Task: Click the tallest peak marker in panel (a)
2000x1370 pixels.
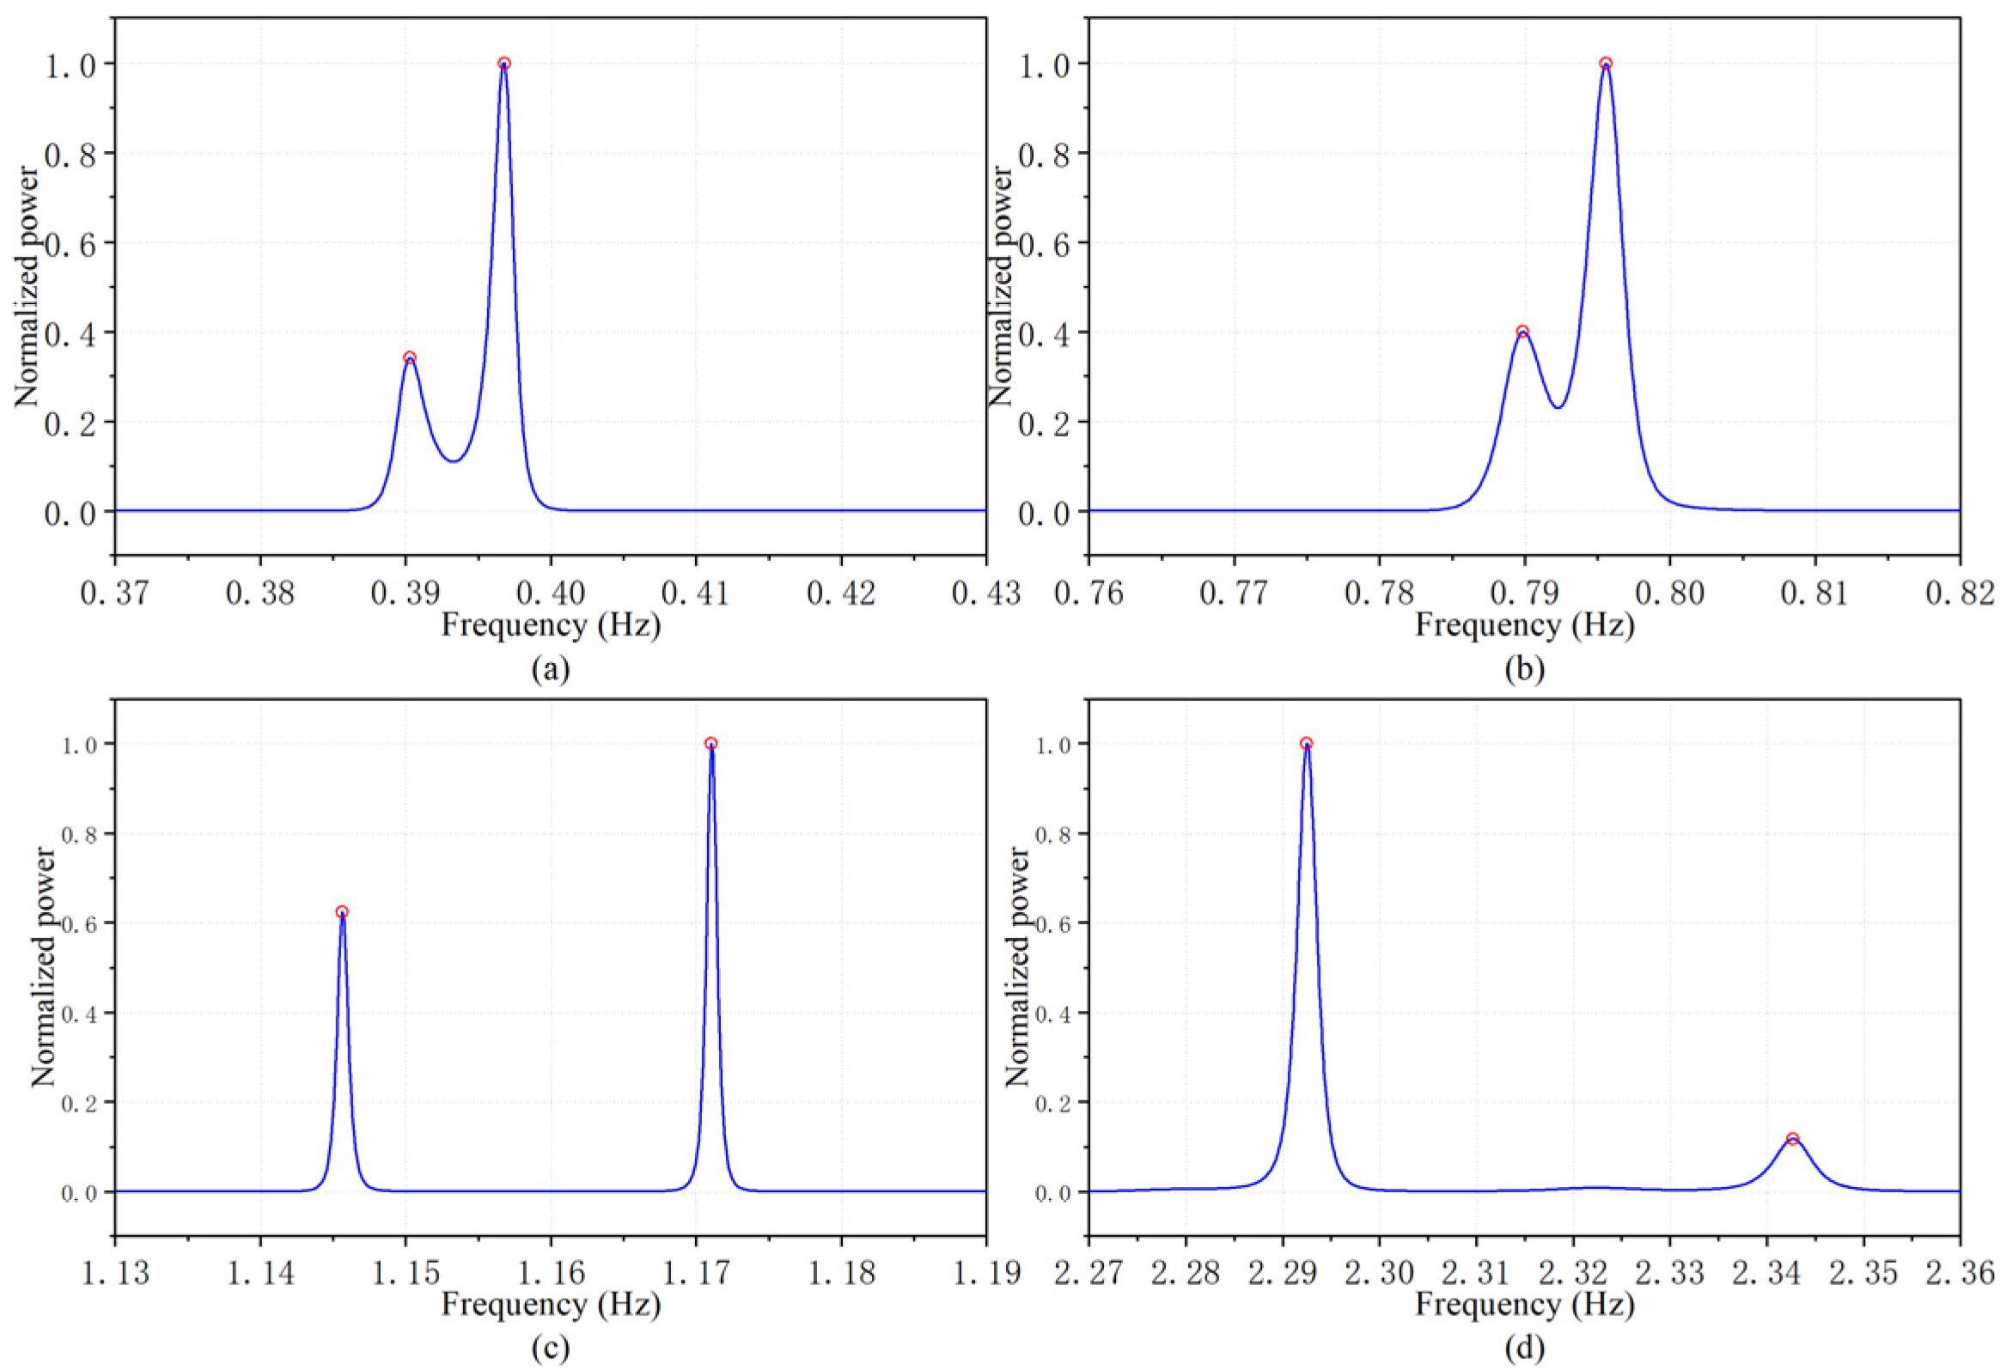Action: coord(504,64)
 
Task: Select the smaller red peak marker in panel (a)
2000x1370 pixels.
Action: coord(410,358)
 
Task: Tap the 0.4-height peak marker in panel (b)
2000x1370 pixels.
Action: coord(1522,332)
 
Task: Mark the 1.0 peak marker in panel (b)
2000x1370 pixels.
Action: coord(1606,64)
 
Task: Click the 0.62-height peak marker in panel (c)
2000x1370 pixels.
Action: coord(343,912)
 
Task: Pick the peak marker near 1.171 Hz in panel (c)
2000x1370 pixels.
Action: coord(710,744)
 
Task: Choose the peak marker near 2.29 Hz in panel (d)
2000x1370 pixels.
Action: coord(1307,744)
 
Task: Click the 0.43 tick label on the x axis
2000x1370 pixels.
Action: coord(986,594)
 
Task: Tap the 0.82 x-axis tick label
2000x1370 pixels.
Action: coord(1960,594)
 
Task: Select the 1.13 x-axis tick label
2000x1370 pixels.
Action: coord(115,1273)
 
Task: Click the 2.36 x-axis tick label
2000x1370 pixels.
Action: coord(1960,1273)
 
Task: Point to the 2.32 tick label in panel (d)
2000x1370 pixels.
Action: coord(1573,1273)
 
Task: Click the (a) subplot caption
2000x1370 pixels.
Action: coord(551,668)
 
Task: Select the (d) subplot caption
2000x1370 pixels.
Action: coord(1524,1348)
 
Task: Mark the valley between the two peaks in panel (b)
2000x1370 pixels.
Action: coord(1558,407)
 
